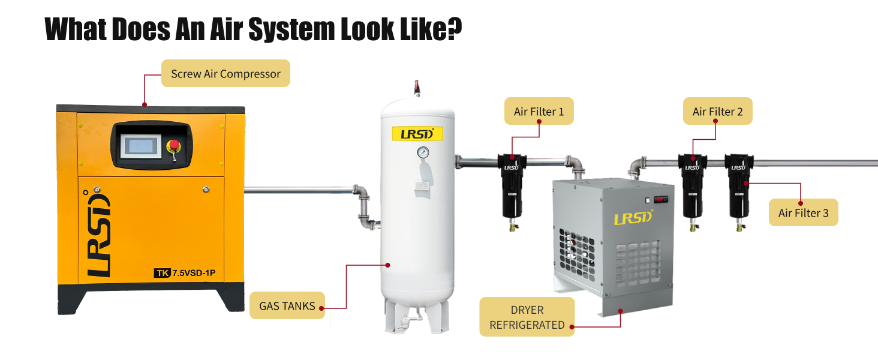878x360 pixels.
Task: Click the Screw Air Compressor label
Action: click(225, 74)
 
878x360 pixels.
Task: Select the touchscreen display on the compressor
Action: click(140, 146)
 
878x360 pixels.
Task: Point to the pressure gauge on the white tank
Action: click(423, 152)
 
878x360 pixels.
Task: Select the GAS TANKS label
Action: click(287, 306)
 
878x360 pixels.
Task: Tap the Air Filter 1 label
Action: click(539, 112)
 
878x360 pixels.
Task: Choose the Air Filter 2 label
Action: click(717, 112)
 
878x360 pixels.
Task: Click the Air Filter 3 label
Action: click(803, 213)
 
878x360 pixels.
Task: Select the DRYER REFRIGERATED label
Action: click(527, 317)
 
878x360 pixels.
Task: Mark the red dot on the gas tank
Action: click(388, 264)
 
